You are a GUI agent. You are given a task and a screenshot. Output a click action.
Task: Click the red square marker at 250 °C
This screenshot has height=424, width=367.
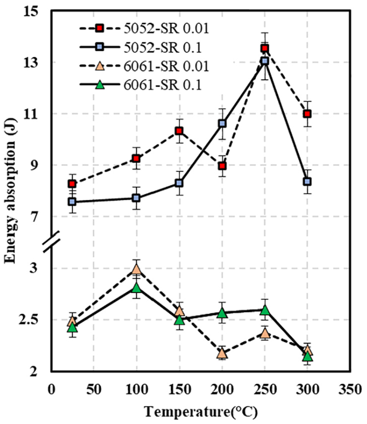264,48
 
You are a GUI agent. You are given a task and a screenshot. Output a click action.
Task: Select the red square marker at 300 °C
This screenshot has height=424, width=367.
307,114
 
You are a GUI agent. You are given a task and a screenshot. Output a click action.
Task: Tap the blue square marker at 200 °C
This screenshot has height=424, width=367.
222,124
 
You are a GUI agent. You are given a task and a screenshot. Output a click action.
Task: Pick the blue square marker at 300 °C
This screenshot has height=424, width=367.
307,181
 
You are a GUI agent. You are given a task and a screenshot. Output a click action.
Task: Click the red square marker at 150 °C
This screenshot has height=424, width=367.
179,131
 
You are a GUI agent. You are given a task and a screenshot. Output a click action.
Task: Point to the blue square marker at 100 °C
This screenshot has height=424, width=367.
136,198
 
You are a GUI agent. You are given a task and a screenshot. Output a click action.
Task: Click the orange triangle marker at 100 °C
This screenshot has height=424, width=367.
137,270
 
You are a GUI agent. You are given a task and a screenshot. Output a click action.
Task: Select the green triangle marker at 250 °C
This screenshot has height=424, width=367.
265,310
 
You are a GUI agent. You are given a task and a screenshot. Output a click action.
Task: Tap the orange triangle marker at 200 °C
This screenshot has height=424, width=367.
222,353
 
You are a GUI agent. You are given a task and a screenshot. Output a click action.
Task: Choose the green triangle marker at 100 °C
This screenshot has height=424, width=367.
137,288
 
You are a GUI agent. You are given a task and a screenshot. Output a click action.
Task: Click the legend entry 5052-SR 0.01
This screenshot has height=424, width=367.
145,28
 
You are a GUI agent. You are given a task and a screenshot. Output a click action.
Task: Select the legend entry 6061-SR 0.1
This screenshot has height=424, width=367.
141,85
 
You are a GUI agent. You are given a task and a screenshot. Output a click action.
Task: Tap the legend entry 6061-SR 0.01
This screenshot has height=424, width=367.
145,66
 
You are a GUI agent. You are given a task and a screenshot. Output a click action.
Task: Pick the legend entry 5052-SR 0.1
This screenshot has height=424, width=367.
141,47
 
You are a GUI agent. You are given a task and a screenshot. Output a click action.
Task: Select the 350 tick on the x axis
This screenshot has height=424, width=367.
350,390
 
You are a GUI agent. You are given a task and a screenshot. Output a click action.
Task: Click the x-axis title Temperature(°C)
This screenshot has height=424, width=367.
201,413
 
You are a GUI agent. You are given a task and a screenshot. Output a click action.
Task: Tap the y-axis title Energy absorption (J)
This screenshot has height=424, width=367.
10,190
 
